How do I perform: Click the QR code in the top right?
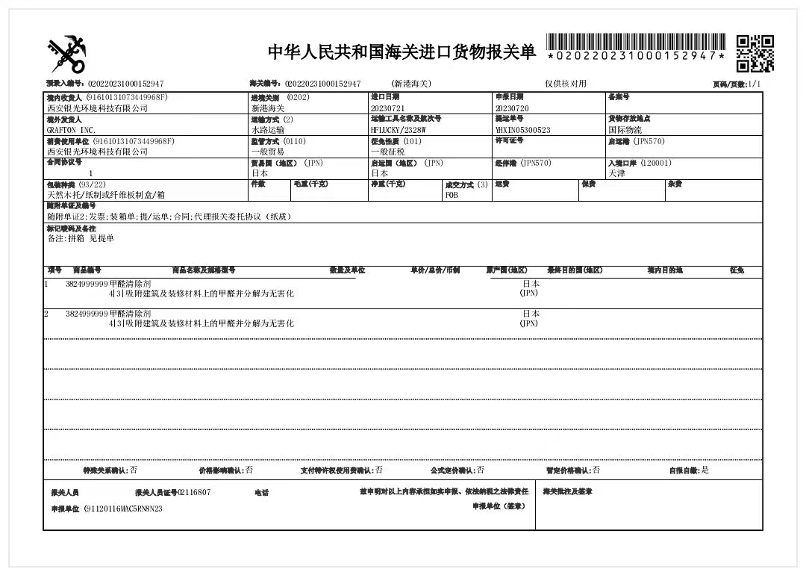pos(755,52)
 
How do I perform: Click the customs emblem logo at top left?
pos(67,54)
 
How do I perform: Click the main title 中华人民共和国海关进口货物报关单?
pos(402,52)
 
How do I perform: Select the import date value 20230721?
pos(386,108)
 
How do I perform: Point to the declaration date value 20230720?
pos(512,108)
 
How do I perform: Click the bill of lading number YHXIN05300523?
pos(522,130)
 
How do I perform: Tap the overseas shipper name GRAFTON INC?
pos(72,130)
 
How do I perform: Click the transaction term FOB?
pos(452,194)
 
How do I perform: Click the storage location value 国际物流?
pos(625,130)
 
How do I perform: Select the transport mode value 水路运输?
pos(267,130)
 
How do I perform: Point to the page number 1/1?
pos(755,84)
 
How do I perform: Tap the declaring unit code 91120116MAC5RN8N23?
pos(124,509)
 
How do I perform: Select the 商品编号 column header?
pos(87,270)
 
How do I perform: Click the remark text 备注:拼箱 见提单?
pos(81,239)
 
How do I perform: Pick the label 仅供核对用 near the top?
pos(566,84)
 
